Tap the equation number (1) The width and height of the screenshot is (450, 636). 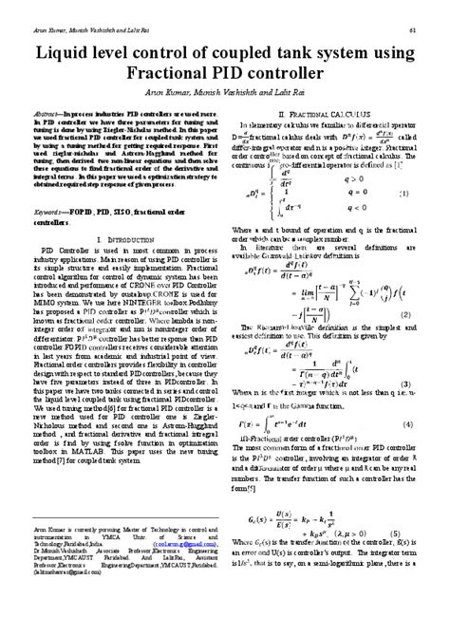403,194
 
